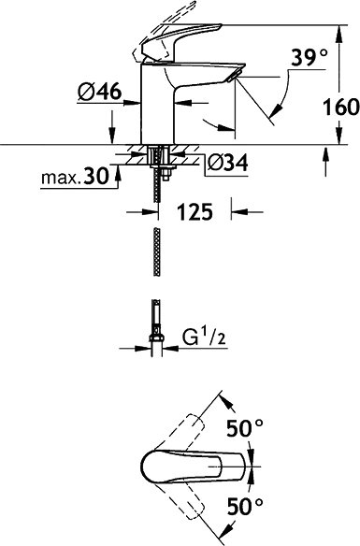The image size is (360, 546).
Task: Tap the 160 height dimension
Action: coord(340,108)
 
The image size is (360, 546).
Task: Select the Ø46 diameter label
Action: coord(99,92)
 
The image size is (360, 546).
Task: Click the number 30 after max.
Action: coord(96,177)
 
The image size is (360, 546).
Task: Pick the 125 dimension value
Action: coord(195,211)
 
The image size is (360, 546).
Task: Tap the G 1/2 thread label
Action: coord(205,337)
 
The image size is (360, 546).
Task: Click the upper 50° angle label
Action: coord(245,428)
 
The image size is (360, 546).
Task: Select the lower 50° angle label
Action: coord(245,507)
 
